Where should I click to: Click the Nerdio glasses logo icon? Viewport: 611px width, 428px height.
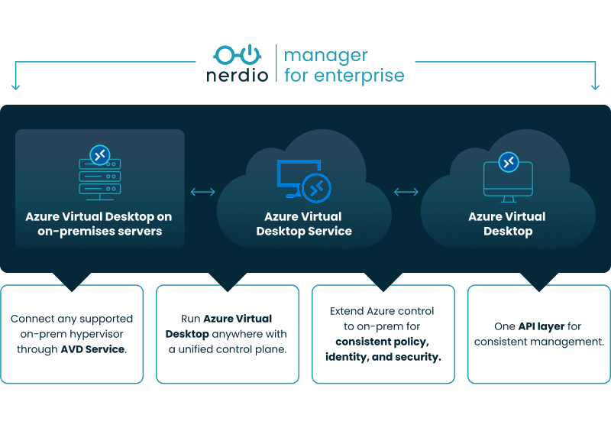click(x=237, y=55)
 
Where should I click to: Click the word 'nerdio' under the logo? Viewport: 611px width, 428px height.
click(x=237, y=76)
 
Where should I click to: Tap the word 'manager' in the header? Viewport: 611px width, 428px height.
click(x=326, y=56)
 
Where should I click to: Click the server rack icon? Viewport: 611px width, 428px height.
click(x=100, y=180)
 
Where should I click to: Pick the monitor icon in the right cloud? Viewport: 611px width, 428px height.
click(x=507, y=181)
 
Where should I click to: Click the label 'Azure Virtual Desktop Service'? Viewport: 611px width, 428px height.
click(x=303, y=224)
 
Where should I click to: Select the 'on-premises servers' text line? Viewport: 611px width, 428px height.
click(x=100, y=231)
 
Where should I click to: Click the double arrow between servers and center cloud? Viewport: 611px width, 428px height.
click(x=202, y=192)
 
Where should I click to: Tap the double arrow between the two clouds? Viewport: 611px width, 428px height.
click(x=406, y=192)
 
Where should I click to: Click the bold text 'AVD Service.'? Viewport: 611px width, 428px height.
click(x=94, y=349)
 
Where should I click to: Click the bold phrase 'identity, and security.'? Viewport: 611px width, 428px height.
click(x=383, y=357)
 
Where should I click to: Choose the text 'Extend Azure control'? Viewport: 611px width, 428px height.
click(x=383, y=311)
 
